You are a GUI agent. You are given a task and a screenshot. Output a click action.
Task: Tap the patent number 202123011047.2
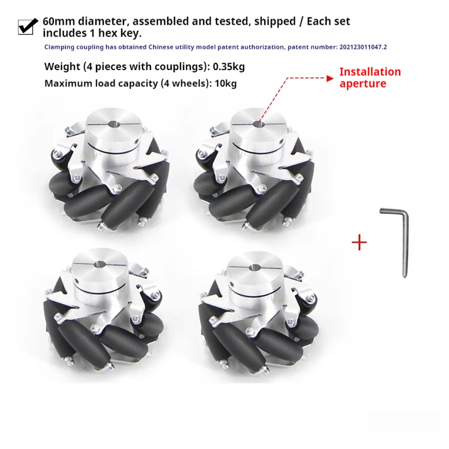point(363,48)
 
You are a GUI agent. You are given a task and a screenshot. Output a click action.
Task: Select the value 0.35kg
point(228,67)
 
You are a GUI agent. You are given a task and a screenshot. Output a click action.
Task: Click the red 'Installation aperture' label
point(369,77)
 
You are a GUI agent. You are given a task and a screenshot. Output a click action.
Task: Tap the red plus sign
point(359,242)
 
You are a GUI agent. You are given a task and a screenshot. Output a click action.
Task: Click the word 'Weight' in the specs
point(62,67)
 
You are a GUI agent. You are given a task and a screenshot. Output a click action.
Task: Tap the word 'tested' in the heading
point(230,21)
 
